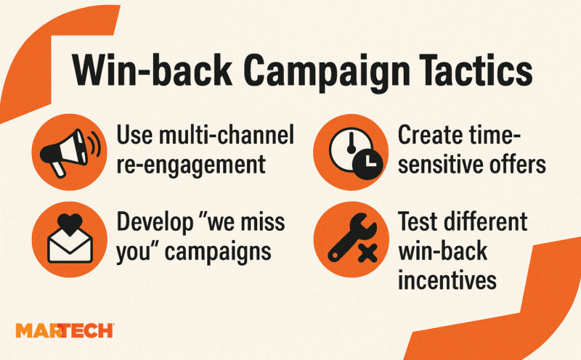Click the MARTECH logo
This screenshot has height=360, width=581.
65,330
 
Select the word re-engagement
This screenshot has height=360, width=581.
191,165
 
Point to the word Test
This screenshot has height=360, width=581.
416,221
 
